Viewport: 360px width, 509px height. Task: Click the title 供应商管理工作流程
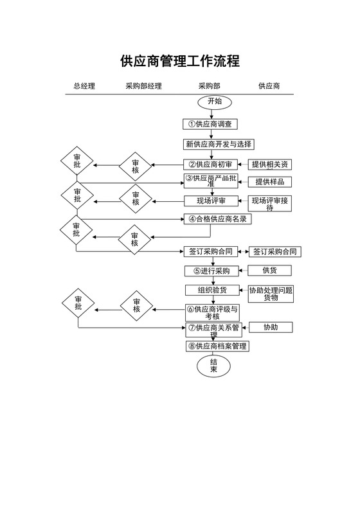[180, 62]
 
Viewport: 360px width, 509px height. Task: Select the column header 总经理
[84, 86]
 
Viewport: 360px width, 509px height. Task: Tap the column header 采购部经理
[143, 86]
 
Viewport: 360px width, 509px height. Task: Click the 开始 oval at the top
[214, 102]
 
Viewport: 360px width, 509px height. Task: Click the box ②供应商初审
[212, 165]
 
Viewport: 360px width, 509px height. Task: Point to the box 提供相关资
[270, 165]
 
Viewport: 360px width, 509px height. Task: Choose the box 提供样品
[269, 181]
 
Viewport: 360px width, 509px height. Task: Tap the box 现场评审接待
[270, 204]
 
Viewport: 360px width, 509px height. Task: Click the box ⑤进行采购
[212, 271]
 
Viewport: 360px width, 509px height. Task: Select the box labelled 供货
[270, 271]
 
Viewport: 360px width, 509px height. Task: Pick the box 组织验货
[212, 290]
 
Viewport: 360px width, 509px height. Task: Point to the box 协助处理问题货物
[271, 294]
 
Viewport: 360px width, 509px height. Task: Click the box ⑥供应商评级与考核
[212, 312]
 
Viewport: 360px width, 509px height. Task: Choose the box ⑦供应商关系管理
[213, 330]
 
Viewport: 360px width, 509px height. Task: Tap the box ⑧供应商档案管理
[218, 346]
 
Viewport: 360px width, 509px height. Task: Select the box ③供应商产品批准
[212, 181]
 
